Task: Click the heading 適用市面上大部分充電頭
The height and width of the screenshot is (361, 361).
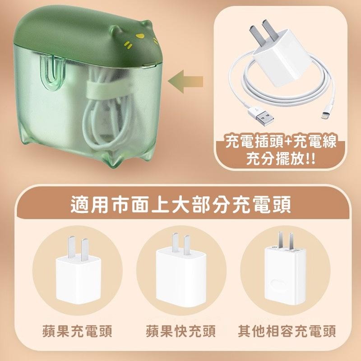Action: pos(180,204)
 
